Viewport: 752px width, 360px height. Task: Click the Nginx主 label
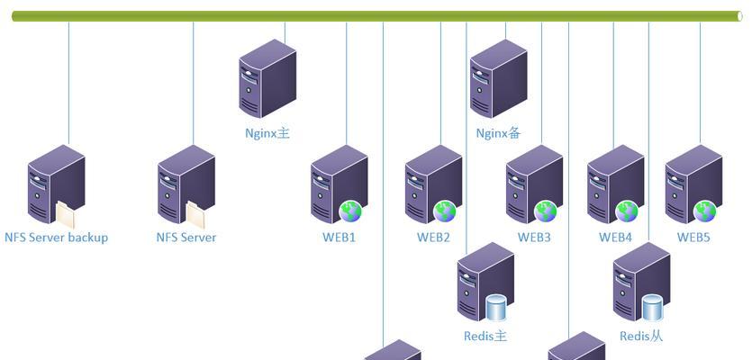267,133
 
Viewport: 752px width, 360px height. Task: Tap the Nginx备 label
498,133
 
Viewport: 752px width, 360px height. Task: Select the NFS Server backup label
56,238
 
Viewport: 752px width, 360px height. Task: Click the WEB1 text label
340,238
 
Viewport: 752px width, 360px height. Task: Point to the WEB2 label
433,238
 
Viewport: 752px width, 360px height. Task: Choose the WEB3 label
534,238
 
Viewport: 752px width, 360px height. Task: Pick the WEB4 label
616,238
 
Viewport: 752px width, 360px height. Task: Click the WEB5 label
694,238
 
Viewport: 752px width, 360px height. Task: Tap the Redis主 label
485,336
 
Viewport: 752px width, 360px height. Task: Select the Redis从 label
641,336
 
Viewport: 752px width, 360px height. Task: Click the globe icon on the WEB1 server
350,211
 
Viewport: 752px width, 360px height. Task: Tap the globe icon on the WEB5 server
704,211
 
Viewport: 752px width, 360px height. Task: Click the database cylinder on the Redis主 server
497,308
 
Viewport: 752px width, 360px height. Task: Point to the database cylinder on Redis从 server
653,308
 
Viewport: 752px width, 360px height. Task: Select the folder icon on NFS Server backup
68,214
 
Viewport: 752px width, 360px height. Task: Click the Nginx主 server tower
267,78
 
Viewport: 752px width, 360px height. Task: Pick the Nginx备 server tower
498,78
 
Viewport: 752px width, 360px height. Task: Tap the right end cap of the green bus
739,16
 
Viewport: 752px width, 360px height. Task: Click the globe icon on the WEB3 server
546,211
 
